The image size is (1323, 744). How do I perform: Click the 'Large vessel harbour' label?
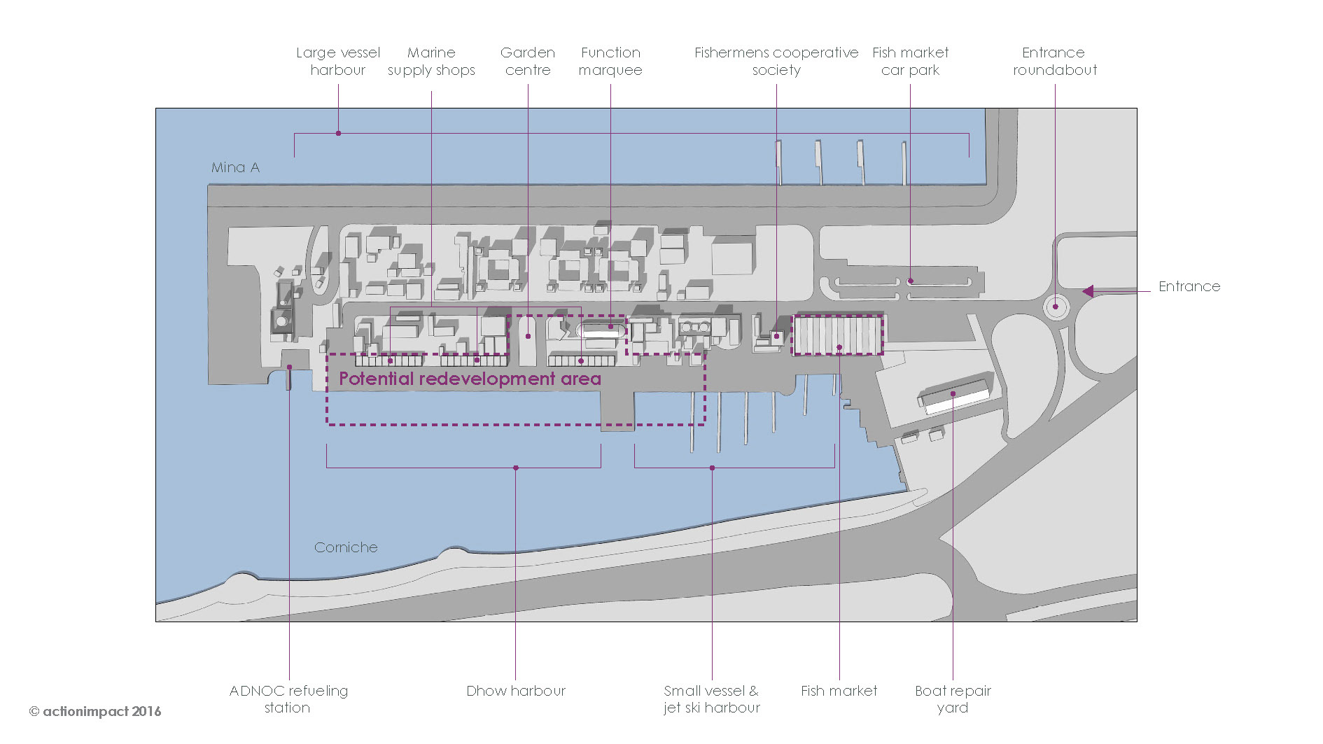pyautogui.click(x=337, y=61)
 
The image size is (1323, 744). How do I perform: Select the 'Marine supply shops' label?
pyautogui.click(x=431, y=61)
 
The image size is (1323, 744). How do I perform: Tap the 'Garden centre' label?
pyautogui.click(x=528, y=61)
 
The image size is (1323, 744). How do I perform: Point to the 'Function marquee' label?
pyautogui.click(x=610, y=61)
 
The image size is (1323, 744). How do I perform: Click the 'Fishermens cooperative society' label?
pyautogui.click(x=776, y=61)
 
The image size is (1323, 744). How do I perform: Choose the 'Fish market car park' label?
pyautogui.click(x=910, y=61)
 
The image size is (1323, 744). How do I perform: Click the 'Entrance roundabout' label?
pyautogui.click(x=1054, y=61)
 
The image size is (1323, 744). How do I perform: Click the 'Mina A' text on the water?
pyautogui.click(x=235, y=167)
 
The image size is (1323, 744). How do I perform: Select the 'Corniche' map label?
pyautogui.click(x=346, y=547)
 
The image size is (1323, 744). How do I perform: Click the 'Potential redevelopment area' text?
pyautogui.click(x=470, y=379)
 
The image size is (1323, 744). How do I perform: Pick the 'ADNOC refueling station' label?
pyautogui.click(x=288, y=699)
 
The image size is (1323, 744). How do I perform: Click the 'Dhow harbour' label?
pyautogui.click(x=516, y=691)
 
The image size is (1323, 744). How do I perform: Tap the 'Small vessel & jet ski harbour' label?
pyautogui.click(x=712, y=699)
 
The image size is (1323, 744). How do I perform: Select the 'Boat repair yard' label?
pyautogui.click(x=953, y=699)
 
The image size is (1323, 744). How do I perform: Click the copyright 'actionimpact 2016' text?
pyautogui.click(x=95, y=711)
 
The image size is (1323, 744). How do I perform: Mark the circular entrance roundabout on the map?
pyautogui.click(x=1056, y=307)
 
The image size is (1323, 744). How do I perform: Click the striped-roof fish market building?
pyautogui.click(x=838, y=335)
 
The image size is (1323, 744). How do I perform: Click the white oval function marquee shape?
pyautogui.click(x=601, y=330)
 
